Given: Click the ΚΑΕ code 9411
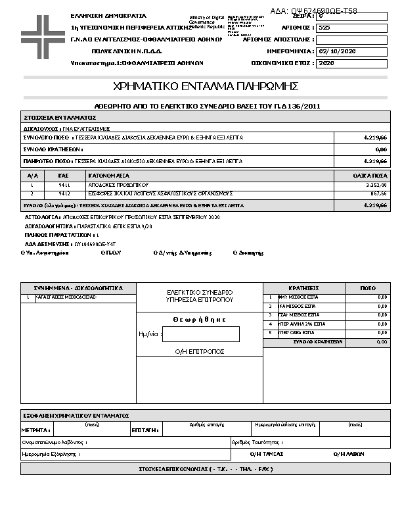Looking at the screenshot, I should click(x=64, y=186).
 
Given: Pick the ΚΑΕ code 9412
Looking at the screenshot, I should click(x=64, y=194).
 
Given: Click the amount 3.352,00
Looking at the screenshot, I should click(x=375, y=186).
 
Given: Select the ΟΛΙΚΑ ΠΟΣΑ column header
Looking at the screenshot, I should click(x=370, y=176).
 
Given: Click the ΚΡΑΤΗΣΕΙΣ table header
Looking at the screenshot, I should click(x=303, y=288).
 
